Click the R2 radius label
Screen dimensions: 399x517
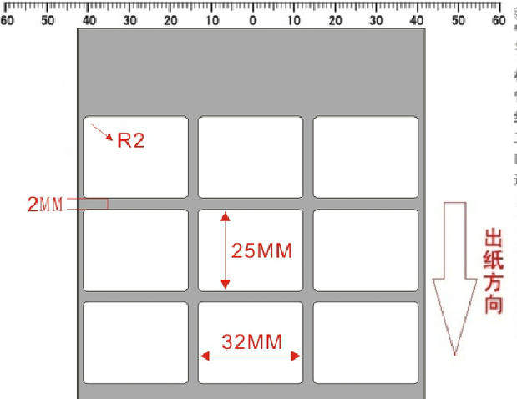pos(130,139)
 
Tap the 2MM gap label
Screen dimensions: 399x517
pos(45,204)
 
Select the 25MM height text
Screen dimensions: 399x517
pos(262,250)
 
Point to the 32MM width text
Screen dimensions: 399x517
pos(251,341)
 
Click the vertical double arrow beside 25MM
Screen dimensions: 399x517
pos(225,250)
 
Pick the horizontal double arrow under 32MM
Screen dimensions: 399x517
pos(250,356)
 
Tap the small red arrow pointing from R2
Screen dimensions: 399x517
pos(102,133)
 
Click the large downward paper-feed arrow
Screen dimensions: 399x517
pos(454,275)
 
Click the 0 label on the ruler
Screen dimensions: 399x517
pos(253,19)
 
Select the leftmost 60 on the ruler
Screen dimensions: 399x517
pos(7,19)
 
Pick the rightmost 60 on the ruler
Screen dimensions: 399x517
pos(499,19)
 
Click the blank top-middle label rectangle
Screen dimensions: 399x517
pos(251,157)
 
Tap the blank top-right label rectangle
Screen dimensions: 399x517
pos(366,157)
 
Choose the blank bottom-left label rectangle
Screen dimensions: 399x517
pos(135,342)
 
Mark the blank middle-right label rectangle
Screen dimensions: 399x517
pos(366,250)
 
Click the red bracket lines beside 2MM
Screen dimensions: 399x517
pos(89,203)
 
